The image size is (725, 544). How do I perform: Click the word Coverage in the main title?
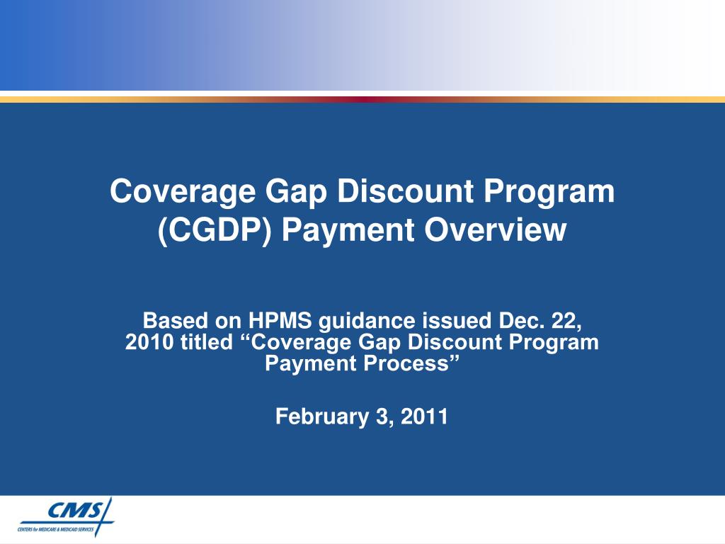tap(183, 192)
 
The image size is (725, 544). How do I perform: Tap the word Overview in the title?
tap(495, 229)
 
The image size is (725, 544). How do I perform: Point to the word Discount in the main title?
tap(406, 191)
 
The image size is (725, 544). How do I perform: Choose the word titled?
tap(207, 342)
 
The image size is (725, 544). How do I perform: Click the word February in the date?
tap(322, 416)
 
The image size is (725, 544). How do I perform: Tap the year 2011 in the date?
tap(424, 416)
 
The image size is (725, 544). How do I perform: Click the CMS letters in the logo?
tap(76, 511)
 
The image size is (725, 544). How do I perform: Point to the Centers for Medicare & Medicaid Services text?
tap(55, 529)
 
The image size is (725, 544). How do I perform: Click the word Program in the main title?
tap(549, 192)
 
